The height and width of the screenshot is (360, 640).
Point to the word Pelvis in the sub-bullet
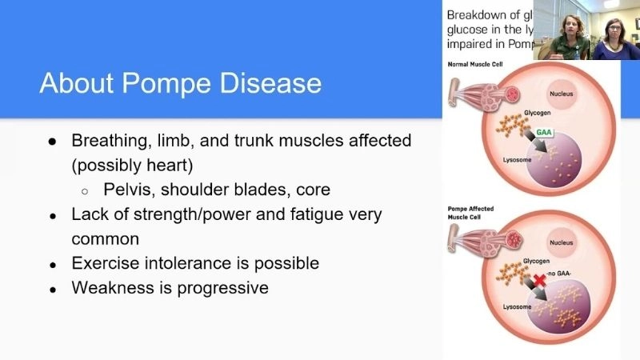[127, 190]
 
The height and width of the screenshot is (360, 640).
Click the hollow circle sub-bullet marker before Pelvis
[86, 191]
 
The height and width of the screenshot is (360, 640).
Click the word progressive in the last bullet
[223, 287]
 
